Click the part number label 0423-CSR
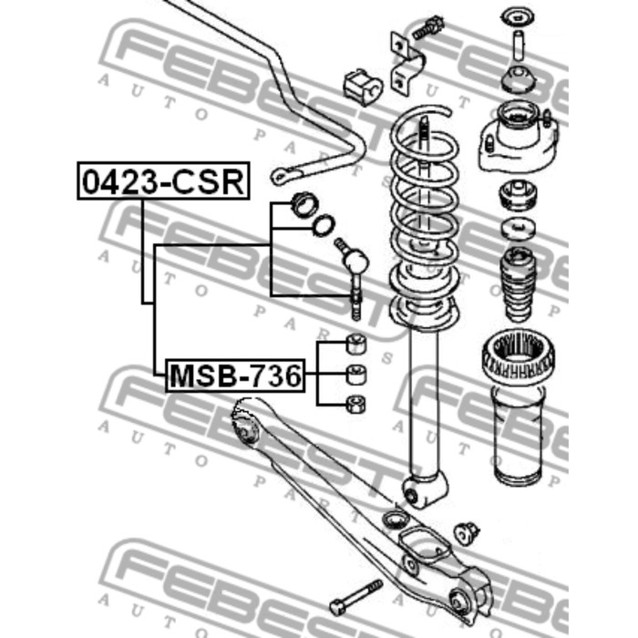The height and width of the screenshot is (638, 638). click(x=163, y=181)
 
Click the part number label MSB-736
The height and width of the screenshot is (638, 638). click(x=235, y=376)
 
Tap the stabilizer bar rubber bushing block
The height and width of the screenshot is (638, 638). click(x=362, y=87)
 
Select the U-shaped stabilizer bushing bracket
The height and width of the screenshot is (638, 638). click(x=405, y=64)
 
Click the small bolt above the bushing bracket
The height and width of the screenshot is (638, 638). click(x=427, y=28)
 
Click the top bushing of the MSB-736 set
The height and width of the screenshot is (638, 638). click(x=355, y=344)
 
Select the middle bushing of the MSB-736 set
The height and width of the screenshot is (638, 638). click(x=355, y=375)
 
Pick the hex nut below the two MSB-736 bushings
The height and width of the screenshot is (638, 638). click(x=355, y=405)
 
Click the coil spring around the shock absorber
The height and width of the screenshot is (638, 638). click(x=424, y=216)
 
